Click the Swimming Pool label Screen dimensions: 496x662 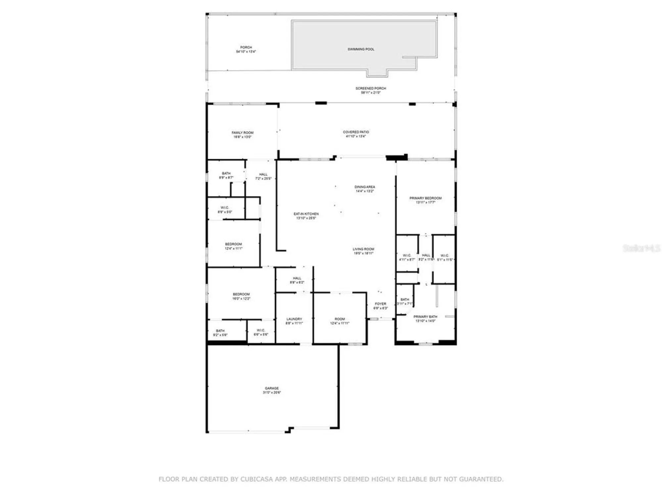pyautogui.click(x=361, y=49)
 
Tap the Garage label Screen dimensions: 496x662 pyautogui.click(x=272, y=388)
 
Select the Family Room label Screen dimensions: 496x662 pyautogui.click(x=243, y=133)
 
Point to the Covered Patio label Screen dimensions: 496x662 pyautogui.click(x=356, y=132)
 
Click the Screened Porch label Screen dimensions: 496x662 pyautogui.click(x=371, y=88)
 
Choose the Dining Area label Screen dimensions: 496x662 pyautogui.click(x=365, y=187)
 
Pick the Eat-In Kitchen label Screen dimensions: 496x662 pyautogui.click(x=306, y=214)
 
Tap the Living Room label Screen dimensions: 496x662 pyautogui.click(x=363, y=249)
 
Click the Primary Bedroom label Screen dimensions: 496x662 pyautogui.click(x=425, y=198)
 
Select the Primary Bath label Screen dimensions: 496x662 pyautogui.click(x=425, y=317)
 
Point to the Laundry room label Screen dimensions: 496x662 pyautogui.click(x=294, y=319)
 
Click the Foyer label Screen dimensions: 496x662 pyautogui.click(x=381, y=304)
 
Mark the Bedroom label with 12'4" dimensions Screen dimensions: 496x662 pyautogui.click(x=234, y=244)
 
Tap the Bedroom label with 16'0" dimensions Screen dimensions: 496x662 pyautogui.click(x=241, y=294)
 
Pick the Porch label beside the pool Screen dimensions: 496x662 pyautogui.click(x=246, y=48)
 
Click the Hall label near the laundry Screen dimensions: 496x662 pyautogui.click(x=297, y=278)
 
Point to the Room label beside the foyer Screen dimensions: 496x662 pyautogui.click(x=340, y=319)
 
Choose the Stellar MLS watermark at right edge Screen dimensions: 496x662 pyautogui.click(x=641, y=248)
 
